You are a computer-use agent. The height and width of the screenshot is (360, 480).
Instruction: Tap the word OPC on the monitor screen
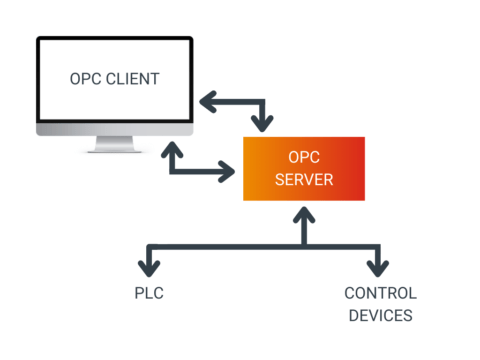(86, 79)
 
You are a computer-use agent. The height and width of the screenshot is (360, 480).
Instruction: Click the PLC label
(148, 294)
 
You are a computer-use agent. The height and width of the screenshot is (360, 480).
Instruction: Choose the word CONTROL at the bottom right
(380, 294)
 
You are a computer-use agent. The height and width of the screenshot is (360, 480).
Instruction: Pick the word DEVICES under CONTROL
(380, 315)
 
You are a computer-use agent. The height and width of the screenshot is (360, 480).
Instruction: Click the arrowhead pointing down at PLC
(149, 268)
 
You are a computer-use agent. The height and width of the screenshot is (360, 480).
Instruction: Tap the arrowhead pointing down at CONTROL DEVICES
(378, 268)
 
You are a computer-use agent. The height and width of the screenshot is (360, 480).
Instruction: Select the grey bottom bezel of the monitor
(114, 129)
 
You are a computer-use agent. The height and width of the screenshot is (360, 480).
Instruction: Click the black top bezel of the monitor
(114, 40)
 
